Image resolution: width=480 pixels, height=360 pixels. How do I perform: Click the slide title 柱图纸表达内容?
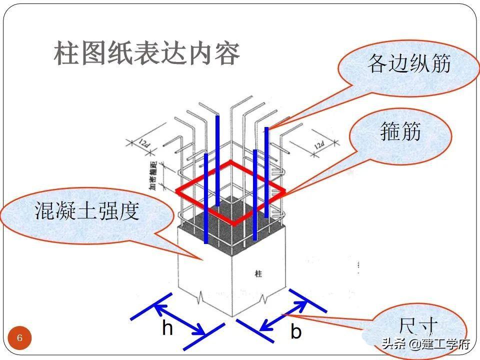[x=146, y=54]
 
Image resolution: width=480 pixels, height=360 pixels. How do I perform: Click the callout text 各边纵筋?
[x=409, y=63]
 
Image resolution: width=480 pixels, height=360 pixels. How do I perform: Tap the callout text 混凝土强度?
[x=86, y=211]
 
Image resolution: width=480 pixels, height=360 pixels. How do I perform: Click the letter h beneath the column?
[x=167, y=328]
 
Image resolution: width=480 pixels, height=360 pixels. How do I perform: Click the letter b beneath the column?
[x=296, y=331]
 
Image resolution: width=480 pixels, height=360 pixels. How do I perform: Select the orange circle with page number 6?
[x=20, y=338]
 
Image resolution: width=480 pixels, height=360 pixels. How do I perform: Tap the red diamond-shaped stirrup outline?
[x=230, y=191]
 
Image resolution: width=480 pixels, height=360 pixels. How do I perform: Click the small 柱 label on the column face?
[x=258, y=274]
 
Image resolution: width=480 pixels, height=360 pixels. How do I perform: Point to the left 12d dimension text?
[x=143, y=144]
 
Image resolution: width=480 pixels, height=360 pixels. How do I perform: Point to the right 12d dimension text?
[x=319, y=145]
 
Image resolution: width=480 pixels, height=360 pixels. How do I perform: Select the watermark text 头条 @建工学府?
[x=426, y=344]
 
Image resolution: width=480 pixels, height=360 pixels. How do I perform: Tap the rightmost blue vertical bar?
[x=266, y=172]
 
